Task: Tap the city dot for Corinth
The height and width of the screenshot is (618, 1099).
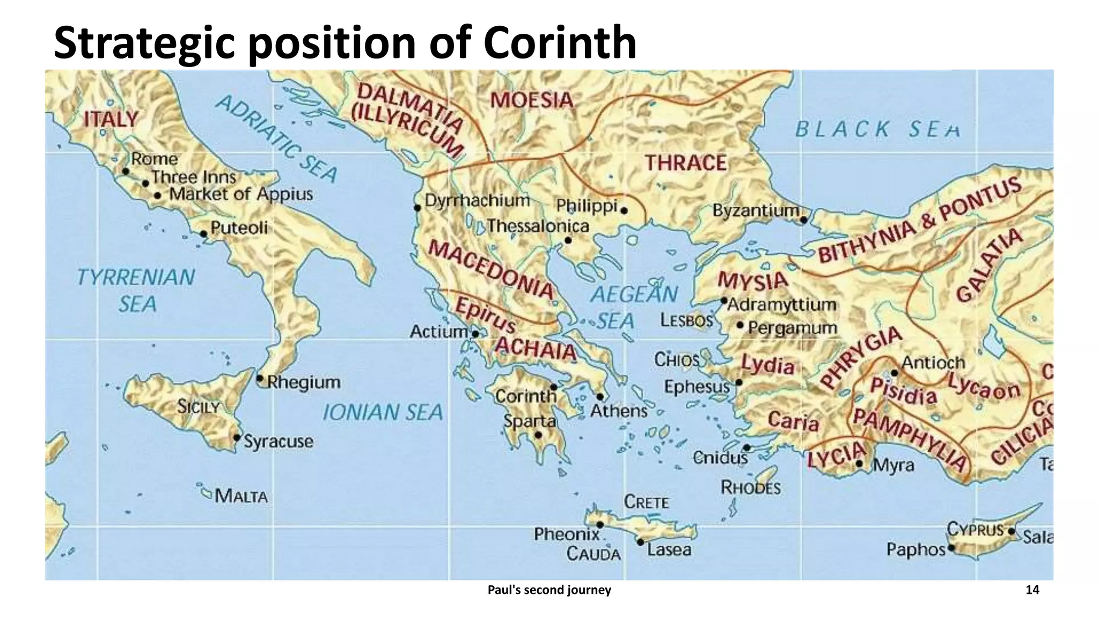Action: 554,387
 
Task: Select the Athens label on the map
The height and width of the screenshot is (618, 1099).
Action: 619,411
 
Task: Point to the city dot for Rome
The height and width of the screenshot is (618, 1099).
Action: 126,172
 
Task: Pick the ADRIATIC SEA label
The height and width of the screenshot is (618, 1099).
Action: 276,139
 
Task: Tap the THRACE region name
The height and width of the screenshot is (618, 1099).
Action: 685,163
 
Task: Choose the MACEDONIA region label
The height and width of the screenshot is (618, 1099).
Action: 490,269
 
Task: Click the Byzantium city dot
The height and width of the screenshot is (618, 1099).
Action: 803,220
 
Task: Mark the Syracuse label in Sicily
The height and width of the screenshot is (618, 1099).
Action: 278,442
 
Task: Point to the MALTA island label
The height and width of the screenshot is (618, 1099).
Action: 241,496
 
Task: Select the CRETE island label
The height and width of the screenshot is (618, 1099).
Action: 646,502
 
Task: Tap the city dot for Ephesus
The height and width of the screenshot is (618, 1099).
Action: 739,382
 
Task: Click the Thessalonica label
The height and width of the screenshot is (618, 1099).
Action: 538,226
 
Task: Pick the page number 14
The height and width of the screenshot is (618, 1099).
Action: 1032,590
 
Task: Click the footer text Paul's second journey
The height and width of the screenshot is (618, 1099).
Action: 549,590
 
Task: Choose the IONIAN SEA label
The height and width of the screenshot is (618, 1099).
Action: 383,413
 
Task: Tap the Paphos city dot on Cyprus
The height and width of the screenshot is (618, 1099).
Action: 951,548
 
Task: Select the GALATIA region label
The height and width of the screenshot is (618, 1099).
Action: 990,264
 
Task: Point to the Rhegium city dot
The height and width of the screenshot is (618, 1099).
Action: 260,378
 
